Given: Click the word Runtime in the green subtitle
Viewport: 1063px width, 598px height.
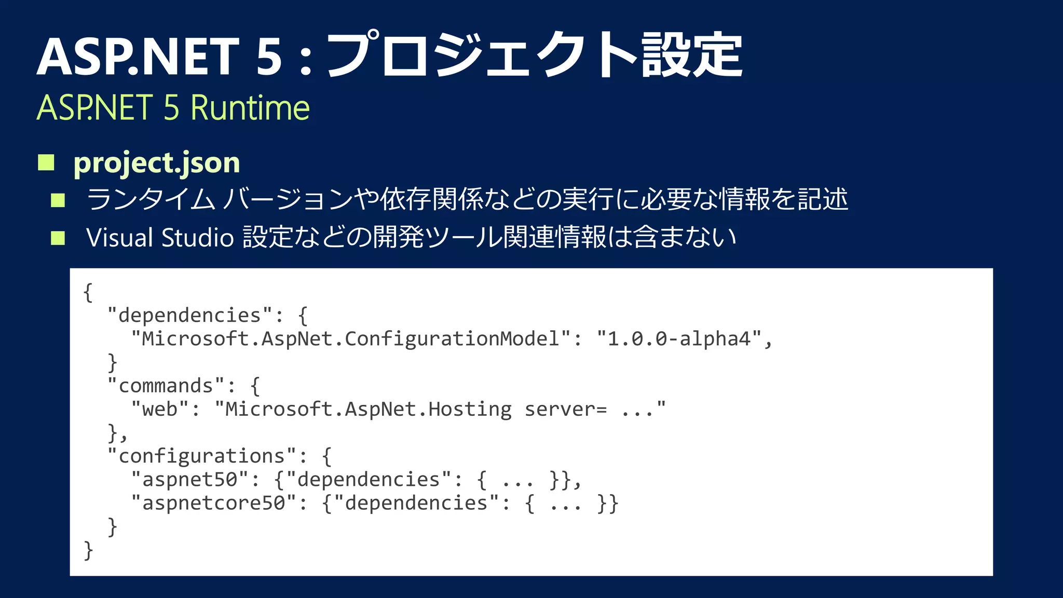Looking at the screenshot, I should tap(250, 108).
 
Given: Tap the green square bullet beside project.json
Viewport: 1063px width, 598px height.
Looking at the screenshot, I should tap(46, 162).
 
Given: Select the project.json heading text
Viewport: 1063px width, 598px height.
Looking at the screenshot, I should tap(156, 163).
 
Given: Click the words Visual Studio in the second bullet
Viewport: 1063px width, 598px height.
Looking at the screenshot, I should tap(160, 238).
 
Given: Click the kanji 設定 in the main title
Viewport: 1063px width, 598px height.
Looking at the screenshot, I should tap(691, 55).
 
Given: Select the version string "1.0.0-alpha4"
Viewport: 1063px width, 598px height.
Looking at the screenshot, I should tap(679, 339).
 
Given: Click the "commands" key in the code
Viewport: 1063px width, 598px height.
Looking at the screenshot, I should tap(166, 386).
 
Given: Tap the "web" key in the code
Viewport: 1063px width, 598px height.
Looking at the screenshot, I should tap(160, 410).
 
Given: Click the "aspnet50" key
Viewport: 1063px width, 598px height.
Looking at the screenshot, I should tap(190, 480).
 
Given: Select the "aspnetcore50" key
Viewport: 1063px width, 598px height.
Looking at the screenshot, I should tap(214, 503).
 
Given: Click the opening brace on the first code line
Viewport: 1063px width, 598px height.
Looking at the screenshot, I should tap(88, 293).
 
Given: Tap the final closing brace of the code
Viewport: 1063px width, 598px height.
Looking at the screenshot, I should tap(88, 550).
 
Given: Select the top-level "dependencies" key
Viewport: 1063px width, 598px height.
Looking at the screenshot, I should tap(189, 316).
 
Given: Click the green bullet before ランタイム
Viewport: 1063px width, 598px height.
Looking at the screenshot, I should tap(58, 200).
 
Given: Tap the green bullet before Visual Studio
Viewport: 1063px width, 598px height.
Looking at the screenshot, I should tap(58, 238).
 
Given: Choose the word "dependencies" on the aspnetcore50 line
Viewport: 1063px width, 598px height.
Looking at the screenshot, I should tap(416, 503).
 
